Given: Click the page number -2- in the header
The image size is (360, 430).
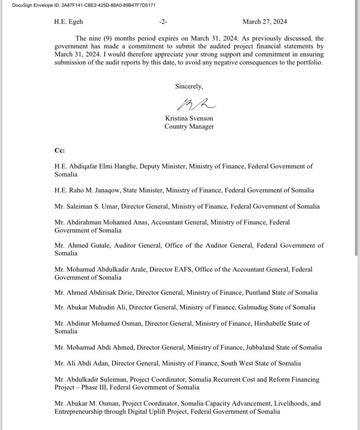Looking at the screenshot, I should (163, 22).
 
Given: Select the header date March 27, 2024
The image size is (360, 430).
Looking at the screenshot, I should (265, 22).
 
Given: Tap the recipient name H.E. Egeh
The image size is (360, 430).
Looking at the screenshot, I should (69, 22).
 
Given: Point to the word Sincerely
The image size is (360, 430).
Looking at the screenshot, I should (189, 86).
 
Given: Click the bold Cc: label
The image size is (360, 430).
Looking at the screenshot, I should (59, 150).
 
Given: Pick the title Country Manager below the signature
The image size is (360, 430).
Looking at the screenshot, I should (189, 126).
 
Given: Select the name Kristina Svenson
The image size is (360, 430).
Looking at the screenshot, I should (189, 118).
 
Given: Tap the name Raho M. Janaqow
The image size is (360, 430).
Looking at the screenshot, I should (95, 190).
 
